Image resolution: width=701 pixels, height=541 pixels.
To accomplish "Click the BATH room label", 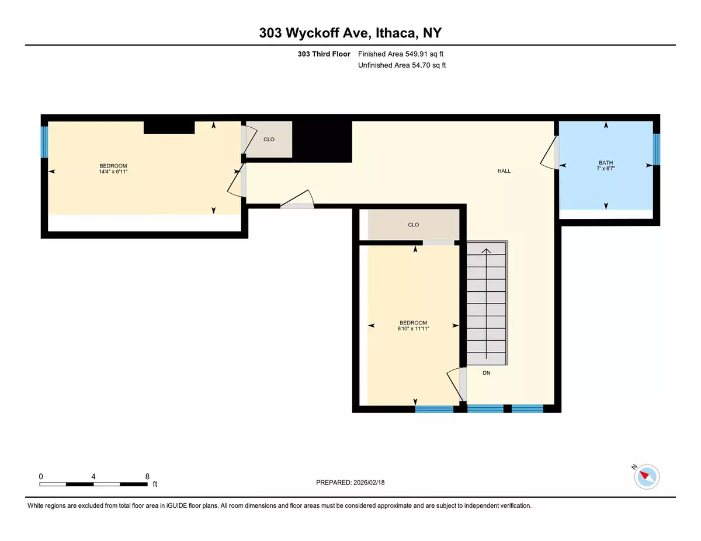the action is pos(606,163).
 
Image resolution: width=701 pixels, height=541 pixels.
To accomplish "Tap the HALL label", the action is pos(504,171).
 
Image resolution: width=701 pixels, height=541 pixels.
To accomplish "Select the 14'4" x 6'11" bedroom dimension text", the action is pos(113,172).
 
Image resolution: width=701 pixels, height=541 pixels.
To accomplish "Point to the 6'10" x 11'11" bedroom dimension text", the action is pos(413,329).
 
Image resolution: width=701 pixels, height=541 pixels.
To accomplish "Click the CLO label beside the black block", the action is pos(269,139).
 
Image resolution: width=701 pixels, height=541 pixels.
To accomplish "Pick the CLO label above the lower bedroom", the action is pos(413,225).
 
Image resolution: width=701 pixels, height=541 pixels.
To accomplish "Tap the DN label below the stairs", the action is pos(486,373).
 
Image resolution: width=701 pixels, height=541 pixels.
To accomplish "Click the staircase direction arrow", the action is pos(486,303).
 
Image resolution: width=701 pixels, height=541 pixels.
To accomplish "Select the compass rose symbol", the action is pos(647,477).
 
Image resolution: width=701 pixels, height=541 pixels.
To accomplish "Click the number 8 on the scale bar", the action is pos(147,477).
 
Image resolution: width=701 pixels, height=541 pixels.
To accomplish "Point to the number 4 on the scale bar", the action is pos(93,477).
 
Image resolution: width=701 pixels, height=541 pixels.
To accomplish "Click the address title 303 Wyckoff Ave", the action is pos(314,33).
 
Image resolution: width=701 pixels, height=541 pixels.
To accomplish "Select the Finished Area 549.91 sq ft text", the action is pos(401,54).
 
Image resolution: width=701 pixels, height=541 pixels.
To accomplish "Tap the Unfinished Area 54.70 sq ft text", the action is pos(402,65).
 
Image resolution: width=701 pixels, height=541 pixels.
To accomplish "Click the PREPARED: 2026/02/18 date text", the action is pos(350,483).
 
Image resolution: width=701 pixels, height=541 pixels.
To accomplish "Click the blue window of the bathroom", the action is pos(656,149).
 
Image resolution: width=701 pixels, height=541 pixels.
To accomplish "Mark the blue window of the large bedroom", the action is pos(44,142).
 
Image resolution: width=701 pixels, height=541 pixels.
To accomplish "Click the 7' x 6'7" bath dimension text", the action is pos(606,169).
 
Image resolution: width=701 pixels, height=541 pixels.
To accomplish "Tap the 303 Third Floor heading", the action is pos(324,54).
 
